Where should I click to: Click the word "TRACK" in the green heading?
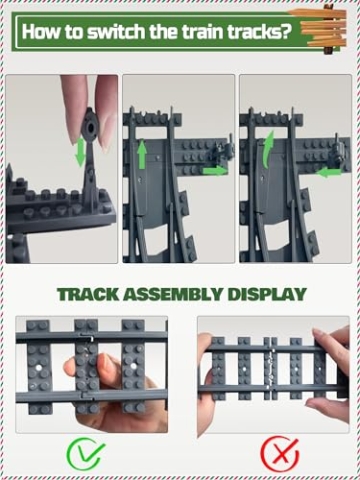[x=91, y=295]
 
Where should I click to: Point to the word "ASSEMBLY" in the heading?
[x=180, y=295]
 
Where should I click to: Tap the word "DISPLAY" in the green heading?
[x=269, y=295]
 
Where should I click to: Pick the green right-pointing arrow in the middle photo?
[x=212, y=171]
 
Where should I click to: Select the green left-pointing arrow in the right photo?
[x=328, y=171]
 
